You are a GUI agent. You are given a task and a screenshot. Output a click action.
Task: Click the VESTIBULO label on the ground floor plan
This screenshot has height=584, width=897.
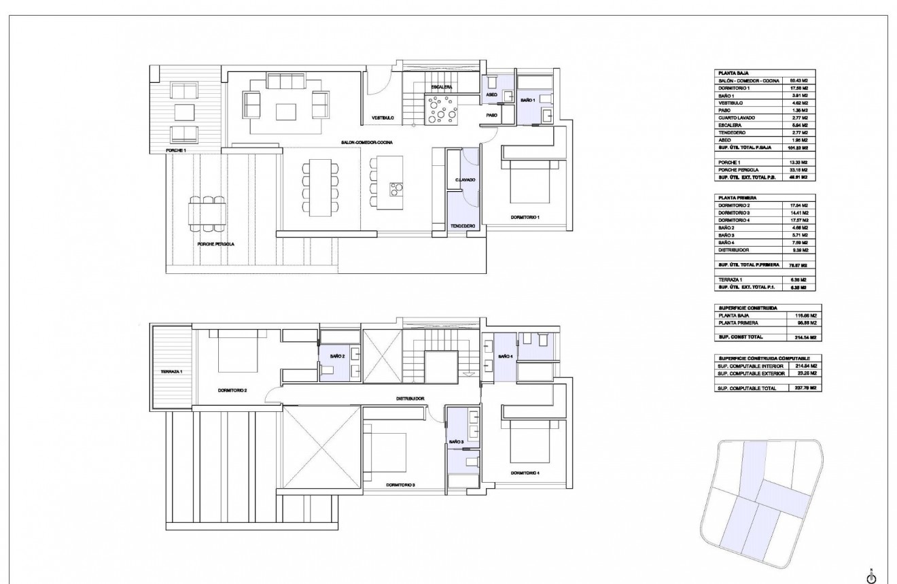[x=383, y=118]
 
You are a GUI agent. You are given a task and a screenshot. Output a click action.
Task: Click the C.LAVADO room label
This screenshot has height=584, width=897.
[x=465, y=179]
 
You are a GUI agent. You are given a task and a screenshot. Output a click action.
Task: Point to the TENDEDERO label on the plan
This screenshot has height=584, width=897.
[x=463, y=226]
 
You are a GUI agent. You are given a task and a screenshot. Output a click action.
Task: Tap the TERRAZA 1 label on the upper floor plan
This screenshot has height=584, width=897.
[x=171, y=372]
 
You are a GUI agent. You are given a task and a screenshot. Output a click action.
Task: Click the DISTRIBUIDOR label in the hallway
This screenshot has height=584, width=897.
[x=410, y=398]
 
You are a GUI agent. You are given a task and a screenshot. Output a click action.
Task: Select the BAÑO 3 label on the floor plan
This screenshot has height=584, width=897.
[x=456, y=442]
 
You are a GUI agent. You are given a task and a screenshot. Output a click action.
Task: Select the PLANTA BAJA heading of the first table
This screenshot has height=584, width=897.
[x=733, y=72]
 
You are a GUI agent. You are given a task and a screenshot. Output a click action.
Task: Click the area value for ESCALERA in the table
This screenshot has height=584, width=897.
[x=797, y=124]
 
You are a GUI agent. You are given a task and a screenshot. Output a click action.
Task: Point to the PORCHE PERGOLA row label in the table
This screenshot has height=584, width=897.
[x=738, y=169]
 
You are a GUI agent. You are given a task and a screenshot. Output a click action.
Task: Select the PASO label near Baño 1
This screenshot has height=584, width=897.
[x=491, y=116]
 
